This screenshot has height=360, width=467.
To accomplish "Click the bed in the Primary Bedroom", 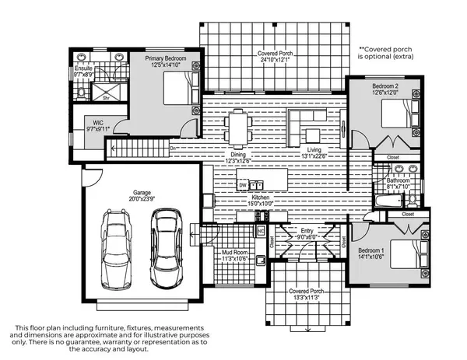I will click(x=179, y=91).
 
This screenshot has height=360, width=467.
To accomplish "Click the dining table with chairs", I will click(x=238, y=126).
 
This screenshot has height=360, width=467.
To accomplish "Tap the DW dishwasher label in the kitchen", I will click(x=243, y=186).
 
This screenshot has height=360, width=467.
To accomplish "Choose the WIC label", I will click(x=98, y=123).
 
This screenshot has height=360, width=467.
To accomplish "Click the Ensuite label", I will click(x=83, y=68).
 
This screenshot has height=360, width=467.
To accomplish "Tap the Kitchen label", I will click(x=262, y=198).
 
